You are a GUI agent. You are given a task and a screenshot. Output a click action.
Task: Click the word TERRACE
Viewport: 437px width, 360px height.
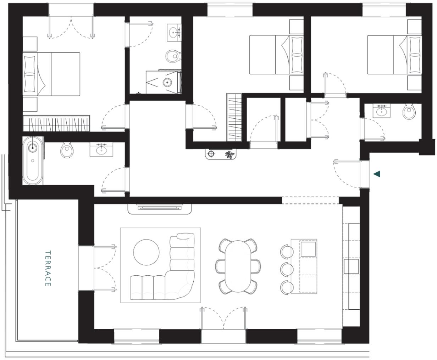pyautogui.click(x=48, y=268)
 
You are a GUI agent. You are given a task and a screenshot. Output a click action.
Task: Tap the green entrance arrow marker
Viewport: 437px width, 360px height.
pyautogui.click(x=377, y=174)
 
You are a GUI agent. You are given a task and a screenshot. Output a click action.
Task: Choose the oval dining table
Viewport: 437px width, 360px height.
pyautogui.click(x=238, y=265)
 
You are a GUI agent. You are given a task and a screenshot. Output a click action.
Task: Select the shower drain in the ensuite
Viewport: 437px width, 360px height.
pyautogui.click(x=167, y=83)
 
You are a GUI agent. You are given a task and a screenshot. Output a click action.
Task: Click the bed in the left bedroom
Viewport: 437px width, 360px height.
pyautogui.click(x=51, y=74)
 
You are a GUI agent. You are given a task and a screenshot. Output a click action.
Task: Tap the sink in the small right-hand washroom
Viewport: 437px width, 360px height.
pyautogui.click(x=382, y=112)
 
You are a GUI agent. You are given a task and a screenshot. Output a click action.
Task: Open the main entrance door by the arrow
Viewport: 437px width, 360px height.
pyautogui.click(x=364, y=174)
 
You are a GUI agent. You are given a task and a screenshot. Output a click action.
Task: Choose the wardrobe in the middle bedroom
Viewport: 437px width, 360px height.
pyautogui.click(x=234, y=117)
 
